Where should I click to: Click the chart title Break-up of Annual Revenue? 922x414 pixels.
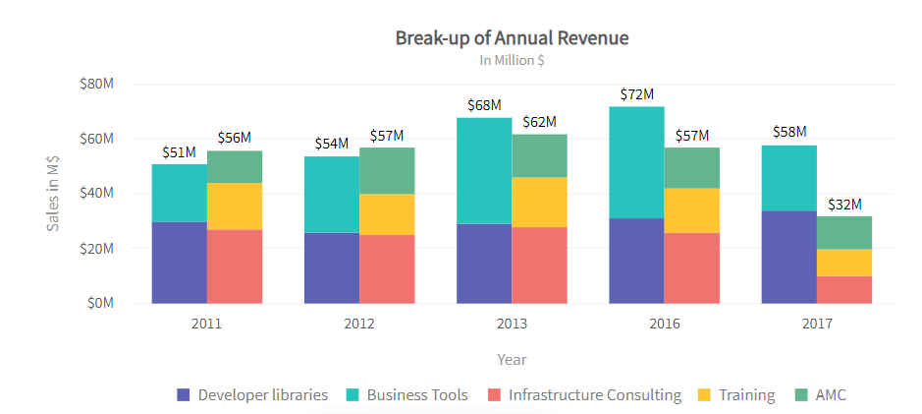coord(512,38)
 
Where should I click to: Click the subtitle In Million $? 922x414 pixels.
coord(512,60)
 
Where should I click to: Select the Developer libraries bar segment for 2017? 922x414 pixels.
coord(788,257)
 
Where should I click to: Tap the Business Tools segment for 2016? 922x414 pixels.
coord(636,162)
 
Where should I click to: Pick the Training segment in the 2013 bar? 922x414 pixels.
coord(539,203)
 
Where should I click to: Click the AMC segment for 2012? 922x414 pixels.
coord(387,170)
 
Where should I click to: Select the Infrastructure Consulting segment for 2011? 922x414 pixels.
coord(235,266)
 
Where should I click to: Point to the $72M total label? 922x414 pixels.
coord(636,94)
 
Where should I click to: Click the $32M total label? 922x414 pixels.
coord(844,205)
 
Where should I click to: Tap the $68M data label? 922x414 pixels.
coord(484,105)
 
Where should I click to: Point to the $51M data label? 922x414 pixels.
coord(179,152)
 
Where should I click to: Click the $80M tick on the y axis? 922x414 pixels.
coord(97,85)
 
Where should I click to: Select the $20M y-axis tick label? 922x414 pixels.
coord(97,249)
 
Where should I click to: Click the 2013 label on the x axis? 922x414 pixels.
coord(512,323)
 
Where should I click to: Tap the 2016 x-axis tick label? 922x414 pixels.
coord(664,323)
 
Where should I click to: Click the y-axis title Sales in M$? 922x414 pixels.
coord(54,194)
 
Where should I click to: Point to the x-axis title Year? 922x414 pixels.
coord(512,360)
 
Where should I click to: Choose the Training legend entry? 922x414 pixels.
coord(736,395)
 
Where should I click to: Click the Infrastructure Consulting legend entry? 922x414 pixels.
coord(583,395)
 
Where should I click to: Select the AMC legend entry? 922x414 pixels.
coord(819,395)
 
